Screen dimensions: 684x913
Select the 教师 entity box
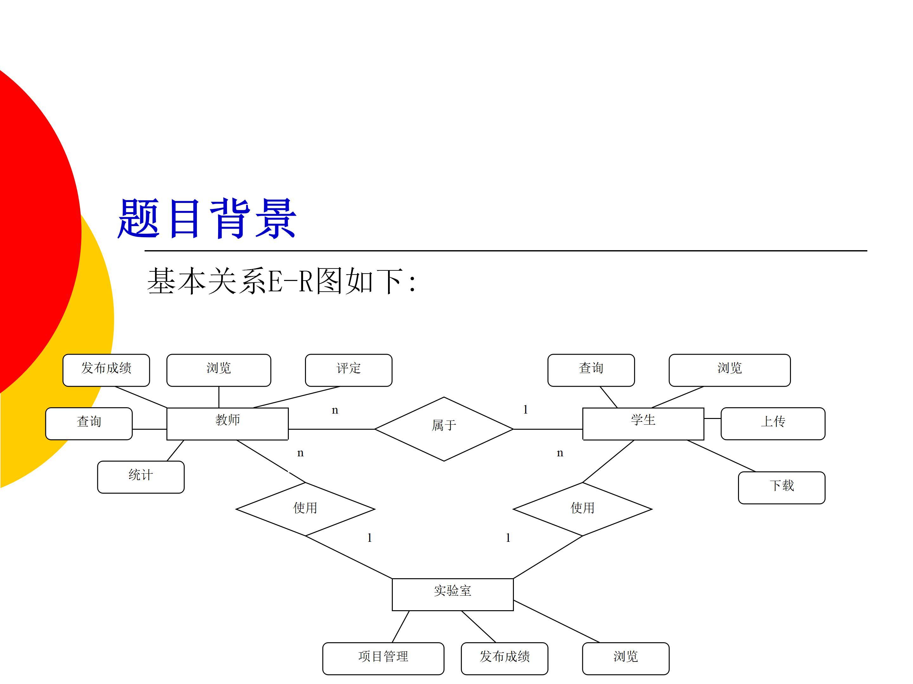(x=227, y=423)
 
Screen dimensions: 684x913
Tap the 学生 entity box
(x=643, y=423)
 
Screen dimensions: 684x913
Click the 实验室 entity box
(x=452, y=594)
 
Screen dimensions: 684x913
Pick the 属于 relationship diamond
(x=444, y=429)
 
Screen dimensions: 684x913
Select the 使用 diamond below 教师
(x=305, y=509)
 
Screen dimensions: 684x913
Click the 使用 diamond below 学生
(x=582, y=509)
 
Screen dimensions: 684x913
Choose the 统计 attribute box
(x=141, y=477)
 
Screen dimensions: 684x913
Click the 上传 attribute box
(x=773, y=423)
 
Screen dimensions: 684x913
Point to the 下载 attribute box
(x=781, y=487)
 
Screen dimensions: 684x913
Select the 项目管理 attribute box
(x=383, y=658)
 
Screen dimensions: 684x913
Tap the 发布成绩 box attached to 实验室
(x=504, y=658)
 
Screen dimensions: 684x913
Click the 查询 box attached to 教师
(x=89, y=423)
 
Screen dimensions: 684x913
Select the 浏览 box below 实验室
(x=625, y=658)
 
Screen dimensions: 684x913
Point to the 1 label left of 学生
(x=525, y=409)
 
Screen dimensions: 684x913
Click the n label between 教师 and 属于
(x=335, y=410)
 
